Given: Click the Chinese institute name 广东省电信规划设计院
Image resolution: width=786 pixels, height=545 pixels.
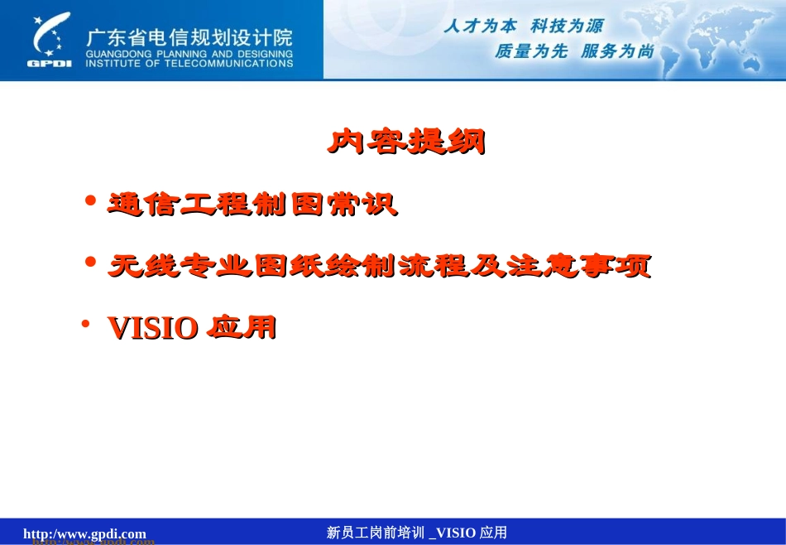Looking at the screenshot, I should click(x=189, y=38).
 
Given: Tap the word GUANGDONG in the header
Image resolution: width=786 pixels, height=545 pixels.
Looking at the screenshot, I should click(x=114, y=55).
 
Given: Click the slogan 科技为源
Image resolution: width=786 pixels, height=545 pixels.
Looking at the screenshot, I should click(x=567, y=27).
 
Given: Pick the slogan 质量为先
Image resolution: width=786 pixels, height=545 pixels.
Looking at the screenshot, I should click(x=530, y=51).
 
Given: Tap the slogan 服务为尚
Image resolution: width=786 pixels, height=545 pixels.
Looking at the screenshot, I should click(x=617, y=51).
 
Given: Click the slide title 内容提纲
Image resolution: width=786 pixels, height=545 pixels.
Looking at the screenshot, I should click(x=405, y=142).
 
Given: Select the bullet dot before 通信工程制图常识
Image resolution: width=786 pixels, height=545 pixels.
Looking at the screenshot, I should click(x=91, y=200).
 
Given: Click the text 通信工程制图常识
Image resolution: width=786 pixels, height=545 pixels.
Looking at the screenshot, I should click(x=252, y=205).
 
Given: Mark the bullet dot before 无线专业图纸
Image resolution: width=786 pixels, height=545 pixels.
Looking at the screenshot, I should click(x=91, y=262).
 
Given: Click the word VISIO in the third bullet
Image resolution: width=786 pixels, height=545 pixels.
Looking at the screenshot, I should click(x=153, y=329).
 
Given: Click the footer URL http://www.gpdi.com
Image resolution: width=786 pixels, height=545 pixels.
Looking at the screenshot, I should click(x=84, y=533).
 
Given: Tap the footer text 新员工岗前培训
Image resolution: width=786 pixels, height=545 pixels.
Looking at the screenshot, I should click(x=375, y=533).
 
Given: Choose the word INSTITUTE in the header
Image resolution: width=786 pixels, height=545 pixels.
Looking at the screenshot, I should click(x=114, y=63).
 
